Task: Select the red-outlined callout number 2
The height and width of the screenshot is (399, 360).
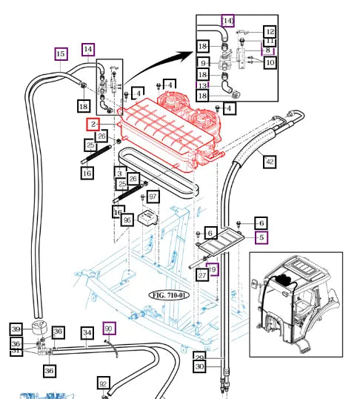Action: coord(93,125)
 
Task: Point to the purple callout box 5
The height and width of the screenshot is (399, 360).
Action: coord(260,238)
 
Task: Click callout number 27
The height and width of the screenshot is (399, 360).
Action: coord(201,275)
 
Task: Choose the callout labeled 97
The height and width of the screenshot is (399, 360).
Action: coord(153,197)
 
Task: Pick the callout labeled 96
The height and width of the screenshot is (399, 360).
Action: coord(127,220)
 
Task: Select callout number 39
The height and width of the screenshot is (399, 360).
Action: coord(16,329)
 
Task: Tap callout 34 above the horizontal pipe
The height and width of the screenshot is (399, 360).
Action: coord(87,333)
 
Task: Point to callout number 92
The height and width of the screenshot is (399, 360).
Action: coord(104,383)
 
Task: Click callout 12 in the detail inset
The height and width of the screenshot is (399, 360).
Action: coord(270,32)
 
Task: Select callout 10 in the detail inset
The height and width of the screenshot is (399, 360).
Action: coord(270,64)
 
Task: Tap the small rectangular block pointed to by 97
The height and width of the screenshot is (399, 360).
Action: coord(150,217)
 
